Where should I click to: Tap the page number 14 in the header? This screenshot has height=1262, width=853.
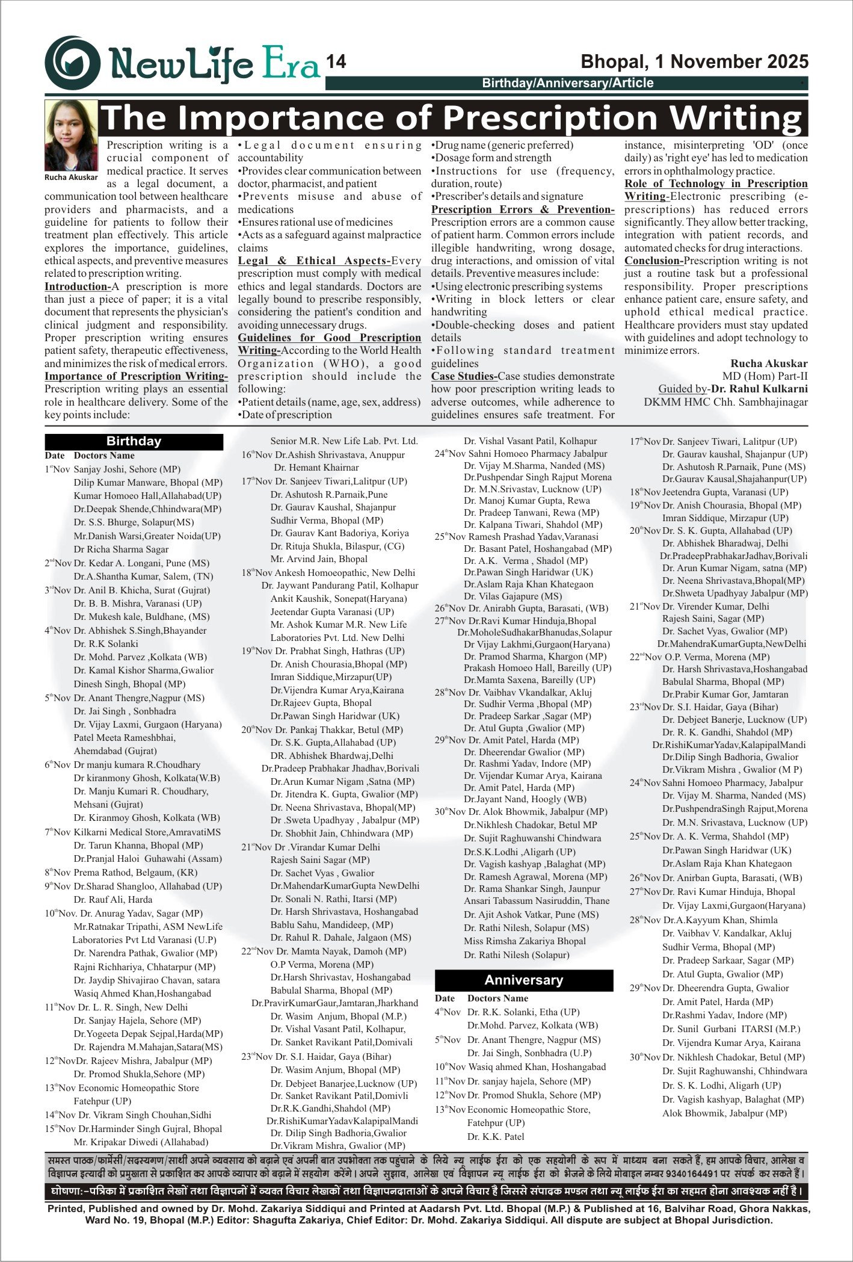point(336,61)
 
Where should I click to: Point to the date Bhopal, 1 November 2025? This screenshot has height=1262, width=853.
point(694,61)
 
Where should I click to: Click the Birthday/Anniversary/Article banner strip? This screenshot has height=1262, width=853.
point(567,83)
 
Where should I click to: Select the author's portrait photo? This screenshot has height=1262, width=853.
point(71,135)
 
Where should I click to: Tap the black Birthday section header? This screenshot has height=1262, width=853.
point(134,441)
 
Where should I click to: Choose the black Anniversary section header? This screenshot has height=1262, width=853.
point(523,980)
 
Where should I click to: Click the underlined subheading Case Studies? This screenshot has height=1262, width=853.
point(464,377)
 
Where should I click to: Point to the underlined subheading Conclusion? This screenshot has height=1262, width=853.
point(653,261)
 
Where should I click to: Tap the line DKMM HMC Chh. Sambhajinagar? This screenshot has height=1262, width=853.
point(725,402)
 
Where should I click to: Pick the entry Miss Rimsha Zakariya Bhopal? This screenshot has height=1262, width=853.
point(525,941)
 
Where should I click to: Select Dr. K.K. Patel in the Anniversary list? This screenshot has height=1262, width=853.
point(496,1137)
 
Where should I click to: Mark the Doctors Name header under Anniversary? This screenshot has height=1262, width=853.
point(498,998)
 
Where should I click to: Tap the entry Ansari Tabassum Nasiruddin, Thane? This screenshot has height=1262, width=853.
point(537,901)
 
